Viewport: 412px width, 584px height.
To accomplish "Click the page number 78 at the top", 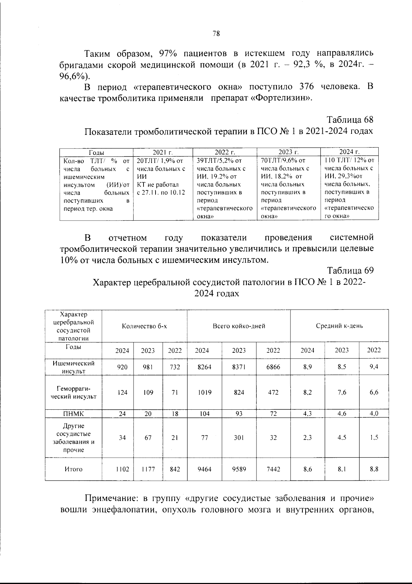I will click(x=216, y=33).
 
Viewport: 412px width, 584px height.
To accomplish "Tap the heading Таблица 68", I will click(x=350, y=120).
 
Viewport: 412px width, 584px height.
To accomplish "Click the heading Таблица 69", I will click(x=350, y=270).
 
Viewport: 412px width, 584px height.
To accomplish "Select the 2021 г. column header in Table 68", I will click(x=163, y=152).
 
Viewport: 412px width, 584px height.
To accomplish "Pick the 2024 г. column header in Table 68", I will click(x=349, y=152).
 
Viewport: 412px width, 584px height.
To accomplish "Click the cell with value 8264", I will click(x=204, y=367).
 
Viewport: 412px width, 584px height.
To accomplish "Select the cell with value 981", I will click(x=148, y=367).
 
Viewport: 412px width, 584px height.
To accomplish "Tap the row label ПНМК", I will click(x=73, y=414).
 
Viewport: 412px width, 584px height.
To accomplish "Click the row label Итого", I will click(x=73, y=469).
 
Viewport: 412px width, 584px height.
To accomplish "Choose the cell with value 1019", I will click(x=204, y=392).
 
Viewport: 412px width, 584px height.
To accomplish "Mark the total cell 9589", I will click(x=239, y=469).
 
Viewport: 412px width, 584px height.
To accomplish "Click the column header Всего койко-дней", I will click(x=239, y=326).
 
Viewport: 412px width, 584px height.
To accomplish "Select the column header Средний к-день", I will click(x=339, y=326).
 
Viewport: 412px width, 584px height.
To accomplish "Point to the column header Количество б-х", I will click(x=144, y=326).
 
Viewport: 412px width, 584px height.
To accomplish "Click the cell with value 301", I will click(x=239, y=438).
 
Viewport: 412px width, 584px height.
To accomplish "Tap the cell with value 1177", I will click(x=148, y=469).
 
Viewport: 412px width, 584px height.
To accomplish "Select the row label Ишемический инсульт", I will click(x=73, y=367).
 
